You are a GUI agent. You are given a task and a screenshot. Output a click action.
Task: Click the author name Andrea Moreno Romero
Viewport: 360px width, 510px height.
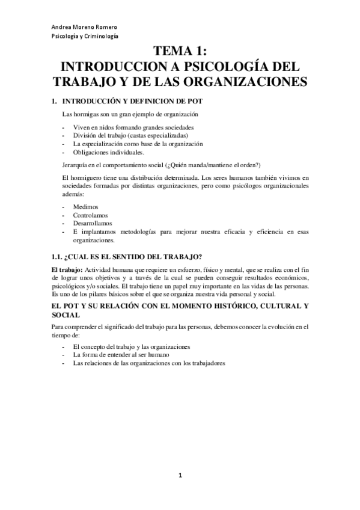coord(84,27)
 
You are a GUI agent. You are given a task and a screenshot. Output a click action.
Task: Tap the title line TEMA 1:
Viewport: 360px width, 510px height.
coord(180,52)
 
